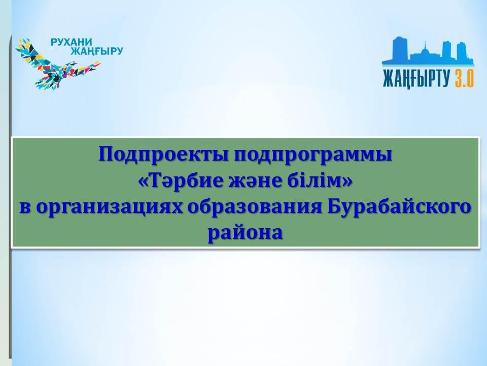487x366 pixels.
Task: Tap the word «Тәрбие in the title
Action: (180, 181)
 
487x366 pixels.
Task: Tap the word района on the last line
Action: (245, 233)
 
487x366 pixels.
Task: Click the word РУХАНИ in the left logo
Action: (72, 42)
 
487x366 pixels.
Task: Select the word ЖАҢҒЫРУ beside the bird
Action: (96, 51)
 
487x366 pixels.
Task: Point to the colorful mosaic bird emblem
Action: (57, 64)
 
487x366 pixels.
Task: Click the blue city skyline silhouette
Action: (428, 52)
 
